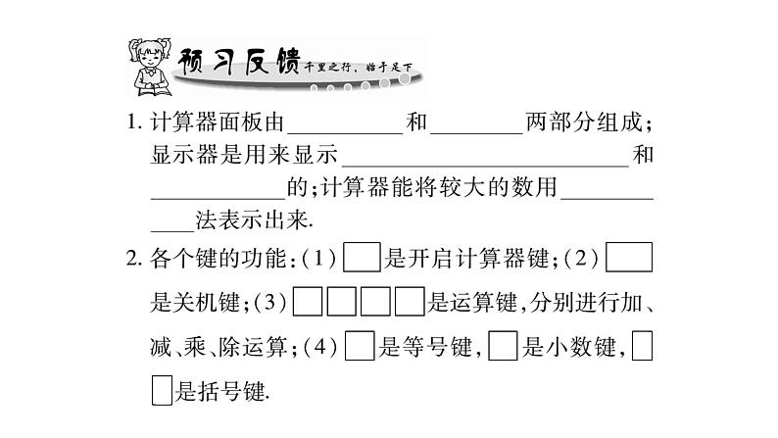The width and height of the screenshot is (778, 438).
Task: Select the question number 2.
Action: click(x=134, y=259)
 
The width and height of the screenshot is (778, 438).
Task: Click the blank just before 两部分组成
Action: click(x=475, y=125)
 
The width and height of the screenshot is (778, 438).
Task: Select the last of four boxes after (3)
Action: click(x=408, y=303)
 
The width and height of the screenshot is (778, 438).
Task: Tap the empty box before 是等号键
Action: click(x=362, y=347)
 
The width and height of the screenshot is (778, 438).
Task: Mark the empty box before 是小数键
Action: click(x=503, y=347)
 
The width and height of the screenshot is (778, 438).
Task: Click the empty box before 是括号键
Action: click(x=162, y=392)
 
